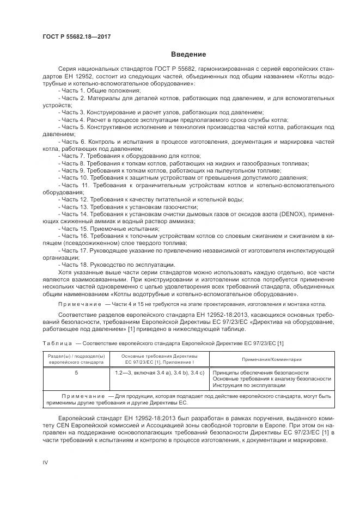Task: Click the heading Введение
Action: (188, 54)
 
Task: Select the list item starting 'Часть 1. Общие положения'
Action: (90, 90)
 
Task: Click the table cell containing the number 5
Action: (76, 373)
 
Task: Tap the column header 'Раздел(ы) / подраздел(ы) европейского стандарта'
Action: (76, 359)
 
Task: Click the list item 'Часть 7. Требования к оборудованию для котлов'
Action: (125, 155)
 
